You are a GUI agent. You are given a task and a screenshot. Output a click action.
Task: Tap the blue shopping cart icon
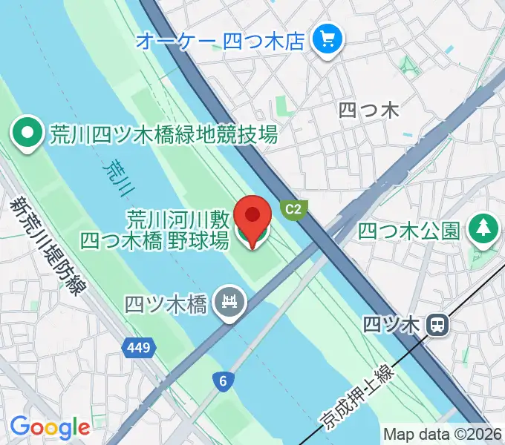pos(326,39)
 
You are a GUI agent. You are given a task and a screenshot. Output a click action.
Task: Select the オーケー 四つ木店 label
pos(221,40)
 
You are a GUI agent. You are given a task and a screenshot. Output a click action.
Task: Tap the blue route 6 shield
pos(223,381)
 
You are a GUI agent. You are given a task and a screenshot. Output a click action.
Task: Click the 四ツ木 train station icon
pos(439,324)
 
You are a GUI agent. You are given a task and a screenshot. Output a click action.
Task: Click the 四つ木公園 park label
pos(409,231)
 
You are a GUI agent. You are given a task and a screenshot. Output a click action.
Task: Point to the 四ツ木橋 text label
pos(165,304)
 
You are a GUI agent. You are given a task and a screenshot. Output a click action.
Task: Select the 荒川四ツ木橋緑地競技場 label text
pos(163,135)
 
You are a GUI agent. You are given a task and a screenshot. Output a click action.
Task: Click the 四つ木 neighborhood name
pos(368,111)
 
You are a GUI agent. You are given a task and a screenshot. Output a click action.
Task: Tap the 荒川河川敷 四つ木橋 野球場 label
pos(154,230)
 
